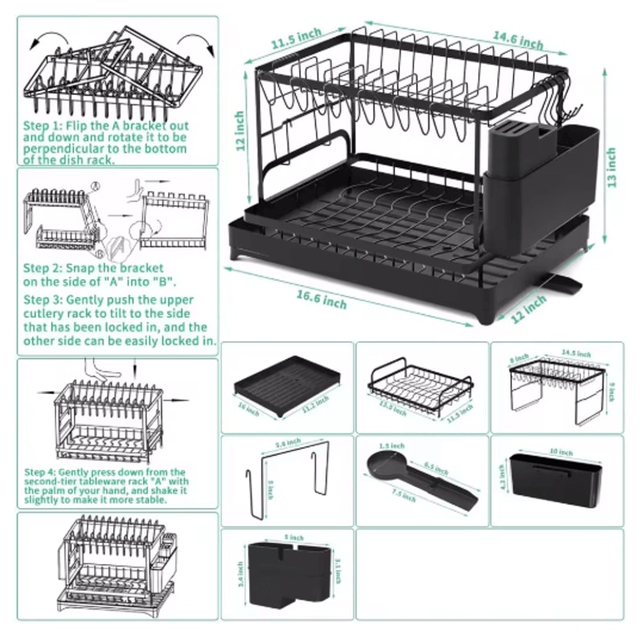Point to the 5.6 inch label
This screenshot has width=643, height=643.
pos(287,442)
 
